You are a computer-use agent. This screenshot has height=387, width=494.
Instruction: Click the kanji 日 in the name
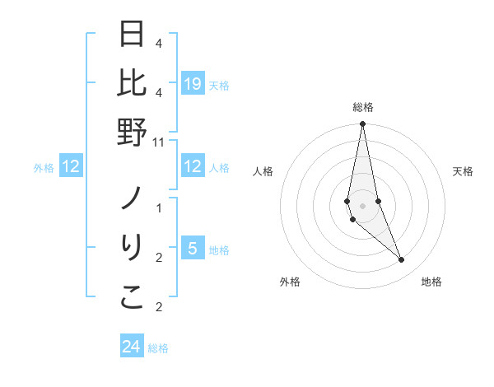[x=132, y=35]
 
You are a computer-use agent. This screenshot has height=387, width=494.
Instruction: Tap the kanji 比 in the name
[x=132, y=83]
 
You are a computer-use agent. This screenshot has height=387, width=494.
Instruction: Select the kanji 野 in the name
[x=132, y=132]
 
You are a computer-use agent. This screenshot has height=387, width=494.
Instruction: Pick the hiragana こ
[x=132, y=298]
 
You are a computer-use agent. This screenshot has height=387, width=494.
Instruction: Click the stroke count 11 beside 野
[x=159, y=142]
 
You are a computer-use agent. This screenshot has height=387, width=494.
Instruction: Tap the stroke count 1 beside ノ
[x=159, y=207]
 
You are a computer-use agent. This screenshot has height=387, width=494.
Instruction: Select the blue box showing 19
[x=193, y=84]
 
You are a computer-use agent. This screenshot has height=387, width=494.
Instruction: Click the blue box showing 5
[x=193, y=249]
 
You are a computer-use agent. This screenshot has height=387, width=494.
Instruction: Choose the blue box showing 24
[x=132, y=347]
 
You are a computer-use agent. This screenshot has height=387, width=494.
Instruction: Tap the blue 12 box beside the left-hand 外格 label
[x=71, y=167]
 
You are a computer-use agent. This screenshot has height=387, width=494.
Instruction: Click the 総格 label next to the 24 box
[x=158, y=348]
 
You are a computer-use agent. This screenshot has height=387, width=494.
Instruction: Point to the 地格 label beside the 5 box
[x=220, y=249]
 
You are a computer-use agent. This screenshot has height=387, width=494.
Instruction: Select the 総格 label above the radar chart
[x=362, y=107]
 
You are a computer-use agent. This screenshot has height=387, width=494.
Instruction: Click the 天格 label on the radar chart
[x=463, y=171]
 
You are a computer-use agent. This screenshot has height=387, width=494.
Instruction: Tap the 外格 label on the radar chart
[x=289, y=282]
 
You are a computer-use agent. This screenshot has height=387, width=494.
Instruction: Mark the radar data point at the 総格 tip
[x=362, y=124]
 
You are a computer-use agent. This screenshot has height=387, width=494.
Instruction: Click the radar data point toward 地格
[x=402, y=260]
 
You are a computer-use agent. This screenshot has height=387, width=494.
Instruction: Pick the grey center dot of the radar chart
[x=362, y=205]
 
